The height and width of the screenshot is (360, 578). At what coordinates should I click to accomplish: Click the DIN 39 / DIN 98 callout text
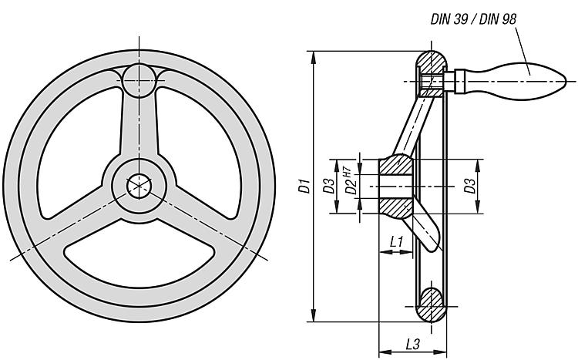(473, 19)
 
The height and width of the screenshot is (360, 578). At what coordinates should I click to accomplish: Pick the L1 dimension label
(396, 242)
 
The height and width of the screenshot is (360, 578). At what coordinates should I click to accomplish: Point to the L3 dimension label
(412, 344)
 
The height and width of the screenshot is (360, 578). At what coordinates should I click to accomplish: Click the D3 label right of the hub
(469, 186)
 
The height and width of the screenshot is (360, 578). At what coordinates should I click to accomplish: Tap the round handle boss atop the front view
(139, 80)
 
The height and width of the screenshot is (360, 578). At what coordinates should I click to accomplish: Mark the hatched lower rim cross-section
(432, 305)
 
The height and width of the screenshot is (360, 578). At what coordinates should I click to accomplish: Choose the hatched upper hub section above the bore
(396, 165)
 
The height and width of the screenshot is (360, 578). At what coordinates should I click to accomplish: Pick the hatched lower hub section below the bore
(396, 207)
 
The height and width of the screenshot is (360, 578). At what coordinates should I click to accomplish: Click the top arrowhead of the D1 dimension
(314, 56)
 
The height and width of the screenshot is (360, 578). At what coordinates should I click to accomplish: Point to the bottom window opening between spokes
(139, 254)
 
